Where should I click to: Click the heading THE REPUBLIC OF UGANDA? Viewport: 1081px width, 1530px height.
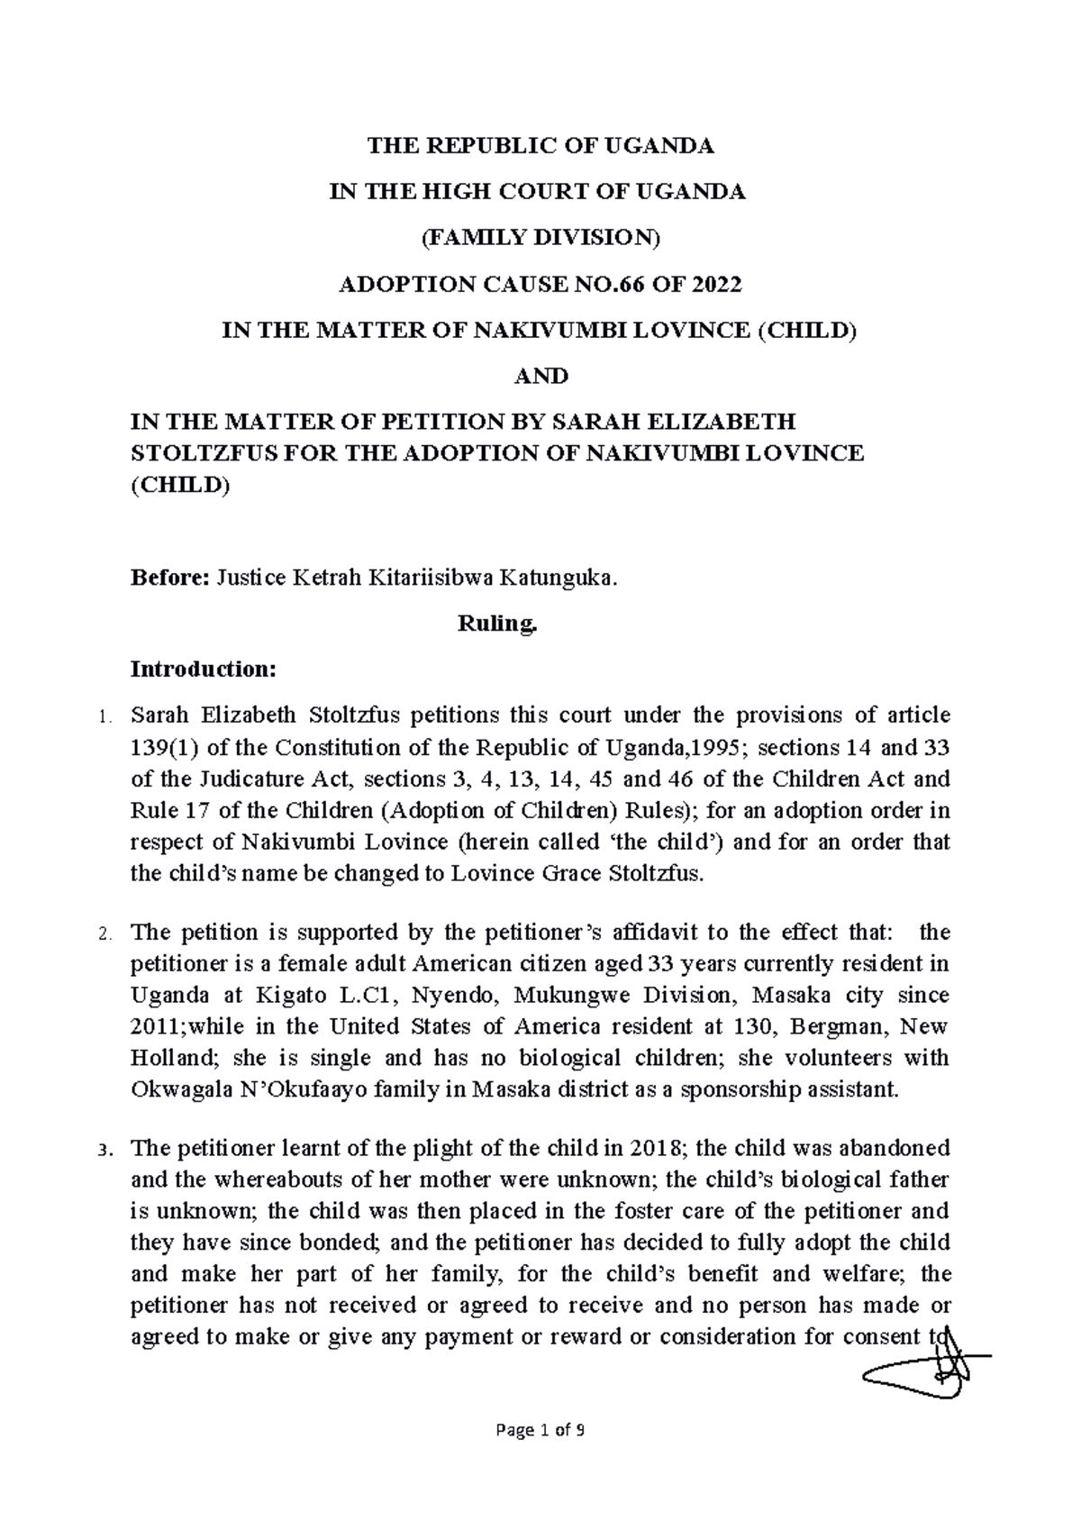(540, 145)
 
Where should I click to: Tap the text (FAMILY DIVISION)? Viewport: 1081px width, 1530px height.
(540, 239)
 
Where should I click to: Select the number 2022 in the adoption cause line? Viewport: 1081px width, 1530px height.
(718, 286)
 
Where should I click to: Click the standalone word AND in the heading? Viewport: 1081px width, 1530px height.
(540, 376)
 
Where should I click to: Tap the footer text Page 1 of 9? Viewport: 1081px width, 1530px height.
(540, 1430)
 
